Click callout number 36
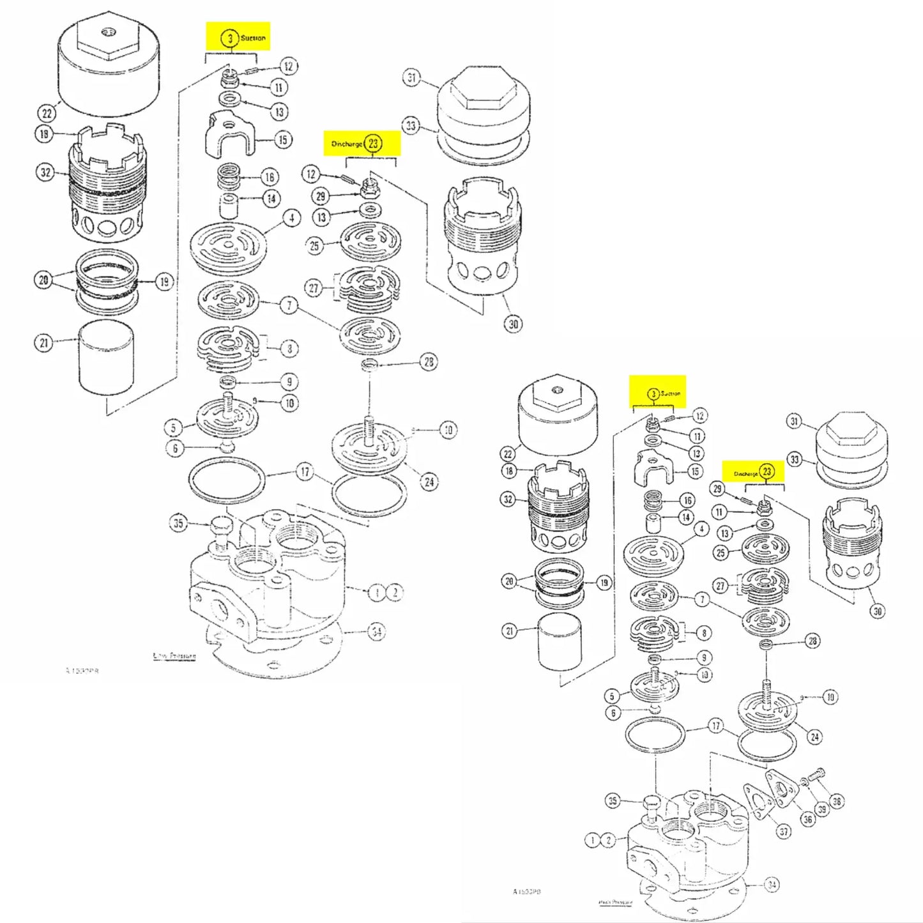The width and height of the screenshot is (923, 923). click(807, 820)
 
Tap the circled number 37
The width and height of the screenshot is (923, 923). click(784, 831)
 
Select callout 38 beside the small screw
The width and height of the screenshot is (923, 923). click(837, 801)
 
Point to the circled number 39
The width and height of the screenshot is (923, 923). click(822, 809)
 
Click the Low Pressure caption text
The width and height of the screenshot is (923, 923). click(174, 656)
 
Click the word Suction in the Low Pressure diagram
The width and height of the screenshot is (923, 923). click(253, 38)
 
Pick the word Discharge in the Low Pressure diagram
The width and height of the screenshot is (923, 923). click(347, 144)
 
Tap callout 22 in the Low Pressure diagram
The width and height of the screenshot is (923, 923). click(47, 114)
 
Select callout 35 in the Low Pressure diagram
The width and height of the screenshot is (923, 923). click(178, 523)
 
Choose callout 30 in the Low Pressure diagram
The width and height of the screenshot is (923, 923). click(514, 324)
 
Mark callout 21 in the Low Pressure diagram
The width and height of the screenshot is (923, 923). click(43, 343)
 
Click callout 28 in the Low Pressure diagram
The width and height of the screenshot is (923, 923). click(429, 362)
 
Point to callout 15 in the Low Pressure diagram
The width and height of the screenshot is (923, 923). click(283, 140)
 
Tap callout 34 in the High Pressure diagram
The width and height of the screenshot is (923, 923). click(772, 885)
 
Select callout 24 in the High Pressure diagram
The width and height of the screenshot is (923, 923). click(814, 737)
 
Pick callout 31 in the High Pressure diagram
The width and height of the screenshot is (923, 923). click(794, 421)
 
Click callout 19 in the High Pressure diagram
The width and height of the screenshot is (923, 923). click(604, 583)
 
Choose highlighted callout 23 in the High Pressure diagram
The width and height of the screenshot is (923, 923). click(767, 472)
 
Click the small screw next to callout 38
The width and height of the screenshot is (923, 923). click(816, 775)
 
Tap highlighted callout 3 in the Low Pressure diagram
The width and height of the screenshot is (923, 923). click(230, 38)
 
